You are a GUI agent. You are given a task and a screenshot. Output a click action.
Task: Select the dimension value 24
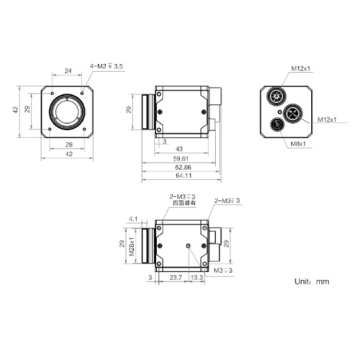[68, 71]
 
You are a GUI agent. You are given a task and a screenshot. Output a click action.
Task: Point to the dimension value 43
[180, 148]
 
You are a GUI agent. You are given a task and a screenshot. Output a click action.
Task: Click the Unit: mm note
[312, 282]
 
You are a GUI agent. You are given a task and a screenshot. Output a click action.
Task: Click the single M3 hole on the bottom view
[189, 246]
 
